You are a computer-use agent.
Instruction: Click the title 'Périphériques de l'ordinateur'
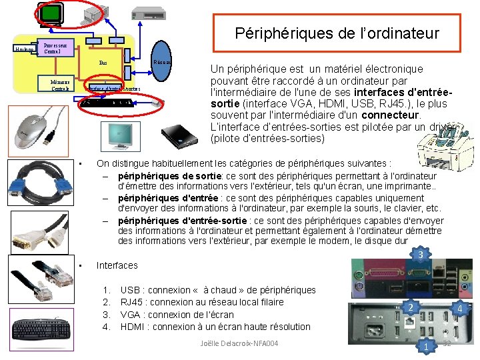click(337, 33)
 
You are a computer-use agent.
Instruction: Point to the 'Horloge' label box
click(24, 48)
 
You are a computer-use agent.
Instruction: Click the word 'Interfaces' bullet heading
click(117, 265)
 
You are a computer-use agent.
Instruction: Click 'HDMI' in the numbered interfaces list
click(131, 327)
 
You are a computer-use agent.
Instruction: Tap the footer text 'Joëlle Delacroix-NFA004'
click(239, 343)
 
